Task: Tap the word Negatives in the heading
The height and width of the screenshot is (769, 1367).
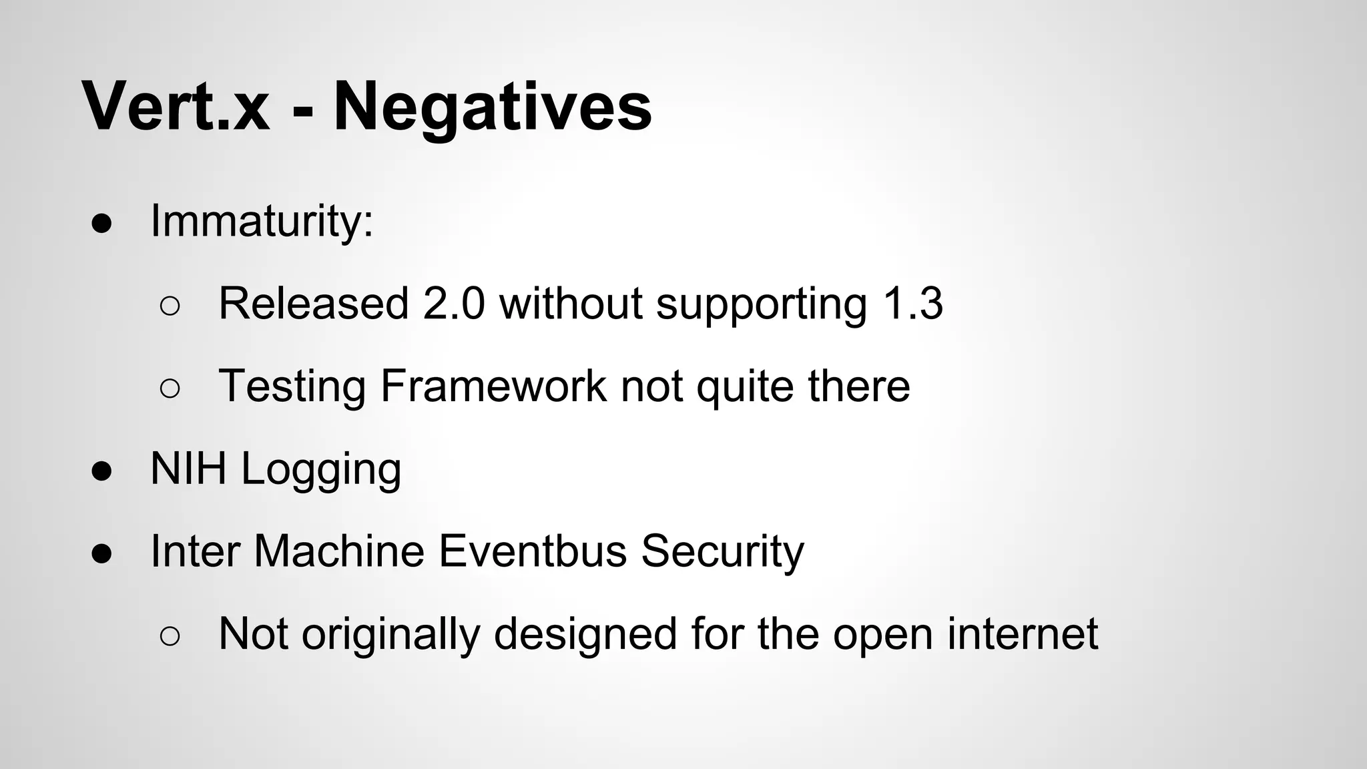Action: (492, 107)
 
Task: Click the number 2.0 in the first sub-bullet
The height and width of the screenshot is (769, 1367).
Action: (454, 304)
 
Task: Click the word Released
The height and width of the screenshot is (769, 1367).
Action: (314, 304)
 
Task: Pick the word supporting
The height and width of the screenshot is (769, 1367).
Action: (761, 306)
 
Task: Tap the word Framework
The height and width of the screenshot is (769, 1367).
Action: (493, 386)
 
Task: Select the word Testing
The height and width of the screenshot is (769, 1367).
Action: (292, 387)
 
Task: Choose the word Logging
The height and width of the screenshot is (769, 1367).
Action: (321, 470)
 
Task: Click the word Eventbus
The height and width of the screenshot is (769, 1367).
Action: (532, 551)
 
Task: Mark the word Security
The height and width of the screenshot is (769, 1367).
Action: (722, 553)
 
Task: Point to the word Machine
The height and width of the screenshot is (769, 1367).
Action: (339, 551)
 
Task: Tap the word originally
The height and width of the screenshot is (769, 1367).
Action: (390, 635)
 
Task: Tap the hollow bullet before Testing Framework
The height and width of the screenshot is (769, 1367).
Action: (170, 389)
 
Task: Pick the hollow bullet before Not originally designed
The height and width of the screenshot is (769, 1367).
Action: (170, 636)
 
